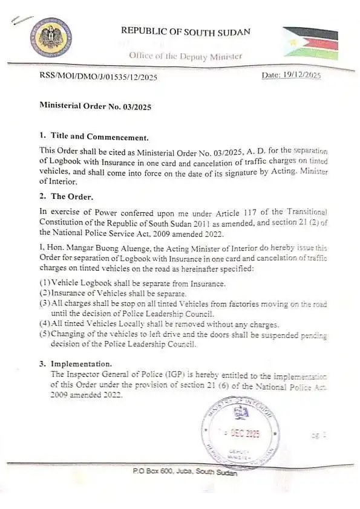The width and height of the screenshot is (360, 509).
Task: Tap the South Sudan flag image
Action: click(x=310, y=43)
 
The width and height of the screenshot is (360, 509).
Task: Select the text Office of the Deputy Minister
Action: click(x=185, y=56)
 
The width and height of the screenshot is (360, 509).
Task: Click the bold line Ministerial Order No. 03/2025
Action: click(x=95, y=106)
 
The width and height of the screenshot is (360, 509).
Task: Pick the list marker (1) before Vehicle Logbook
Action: click(x=45, y=284)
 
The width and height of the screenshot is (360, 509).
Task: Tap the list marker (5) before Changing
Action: click(x=45, y=334)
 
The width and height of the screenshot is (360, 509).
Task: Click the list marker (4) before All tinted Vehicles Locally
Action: click(x=45, y=324)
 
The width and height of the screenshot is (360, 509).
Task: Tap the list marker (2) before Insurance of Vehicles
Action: click(x=45, y=293)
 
